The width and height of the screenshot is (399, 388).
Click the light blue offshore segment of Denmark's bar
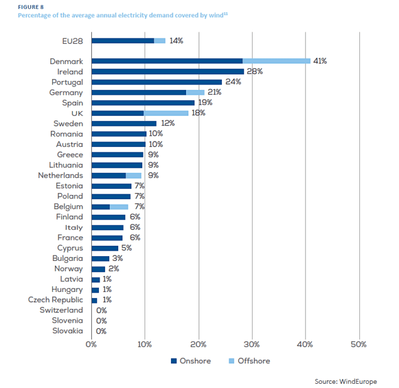point(276,61)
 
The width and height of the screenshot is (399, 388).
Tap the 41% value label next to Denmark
point(320,61)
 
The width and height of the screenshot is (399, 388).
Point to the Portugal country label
point(67,82)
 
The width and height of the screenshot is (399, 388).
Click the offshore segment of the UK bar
point(166,113)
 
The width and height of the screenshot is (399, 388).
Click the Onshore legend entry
point(191,361)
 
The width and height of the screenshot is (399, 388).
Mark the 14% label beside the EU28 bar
point(176,41)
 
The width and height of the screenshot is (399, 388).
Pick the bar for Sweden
point(124,124)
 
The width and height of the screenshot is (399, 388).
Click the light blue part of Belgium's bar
point(119,206)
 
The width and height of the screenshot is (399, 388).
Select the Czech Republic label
point(56,300)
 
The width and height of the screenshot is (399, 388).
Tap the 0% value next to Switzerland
point(101,310)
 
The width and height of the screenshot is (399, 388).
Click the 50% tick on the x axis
point(358,344)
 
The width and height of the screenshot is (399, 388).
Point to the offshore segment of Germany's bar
point(195,92)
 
